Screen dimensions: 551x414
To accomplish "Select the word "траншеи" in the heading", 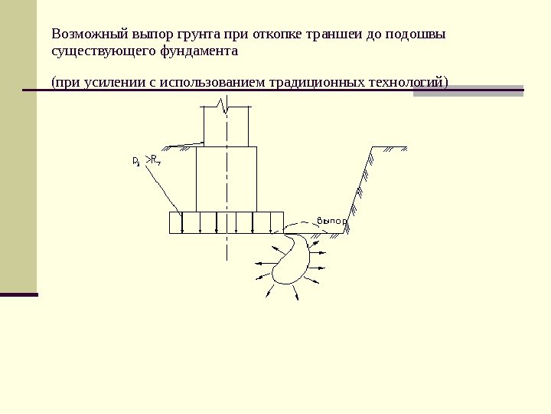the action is pos(331,35).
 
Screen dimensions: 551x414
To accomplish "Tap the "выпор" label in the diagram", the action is pos(331,221).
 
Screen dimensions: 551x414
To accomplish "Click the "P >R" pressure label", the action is pos(145,161).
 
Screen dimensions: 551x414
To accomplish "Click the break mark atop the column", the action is pos(224,104).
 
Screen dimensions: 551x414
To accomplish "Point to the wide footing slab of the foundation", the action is pos(226,222).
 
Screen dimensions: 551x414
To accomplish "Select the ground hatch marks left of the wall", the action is pos(187,144).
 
